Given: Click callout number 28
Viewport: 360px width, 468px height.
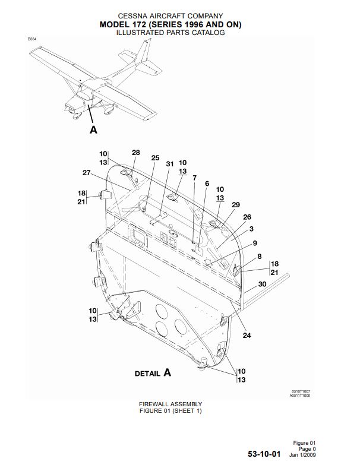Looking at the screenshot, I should (x=135, y=153).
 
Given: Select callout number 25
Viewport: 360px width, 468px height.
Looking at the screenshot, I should (x=155, y=158).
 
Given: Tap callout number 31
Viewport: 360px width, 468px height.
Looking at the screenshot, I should (x=169, y=164).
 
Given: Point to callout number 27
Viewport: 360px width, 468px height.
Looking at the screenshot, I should (x=86, y=173).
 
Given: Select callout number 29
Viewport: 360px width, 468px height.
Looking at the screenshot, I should (x=236, y=204).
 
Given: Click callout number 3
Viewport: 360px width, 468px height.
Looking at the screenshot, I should (x=252, y=229).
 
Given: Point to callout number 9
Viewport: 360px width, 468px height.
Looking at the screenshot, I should (x=255, y=243).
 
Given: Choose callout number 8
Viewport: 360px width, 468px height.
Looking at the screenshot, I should (x=260, y=257).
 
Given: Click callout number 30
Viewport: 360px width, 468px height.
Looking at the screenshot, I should (x=262, y=284).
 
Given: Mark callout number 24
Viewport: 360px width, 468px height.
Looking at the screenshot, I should (x=247, y=336).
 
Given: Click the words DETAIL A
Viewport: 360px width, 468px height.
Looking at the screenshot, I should (x=153, y=373).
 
